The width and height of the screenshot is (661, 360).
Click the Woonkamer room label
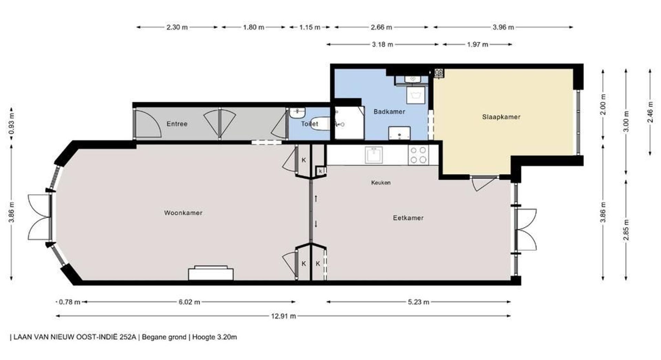click(183, 213)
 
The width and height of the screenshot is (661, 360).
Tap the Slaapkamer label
click(501, 117)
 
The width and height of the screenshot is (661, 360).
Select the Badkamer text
click(389, 112)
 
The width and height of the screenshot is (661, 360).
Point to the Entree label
click(177, 124)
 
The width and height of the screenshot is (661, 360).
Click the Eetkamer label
click(408, 218)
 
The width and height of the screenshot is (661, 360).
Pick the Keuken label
click(381, 182)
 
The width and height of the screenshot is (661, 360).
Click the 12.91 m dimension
click(283, 316)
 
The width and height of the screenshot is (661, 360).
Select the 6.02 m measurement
click(189, 302)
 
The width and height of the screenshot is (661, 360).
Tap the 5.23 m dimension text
click(419, 302)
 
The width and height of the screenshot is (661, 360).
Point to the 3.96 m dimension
click(503, 27)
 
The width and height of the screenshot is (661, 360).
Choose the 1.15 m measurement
click(310, 27)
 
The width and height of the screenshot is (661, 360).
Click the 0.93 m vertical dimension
click(11, 123)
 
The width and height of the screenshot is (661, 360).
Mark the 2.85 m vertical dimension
click(626, 231)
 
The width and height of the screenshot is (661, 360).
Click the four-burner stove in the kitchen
click(418, 155)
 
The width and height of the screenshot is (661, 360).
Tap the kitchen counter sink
click(374, 155)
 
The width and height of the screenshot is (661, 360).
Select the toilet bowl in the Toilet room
click(319, 123)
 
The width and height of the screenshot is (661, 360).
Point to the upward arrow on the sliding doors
click(316, 199)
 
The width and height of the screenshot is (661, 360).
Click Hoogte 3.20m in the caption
click(214, 337)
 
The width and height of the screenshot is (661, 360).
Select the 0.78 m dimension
click(70, 302)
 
